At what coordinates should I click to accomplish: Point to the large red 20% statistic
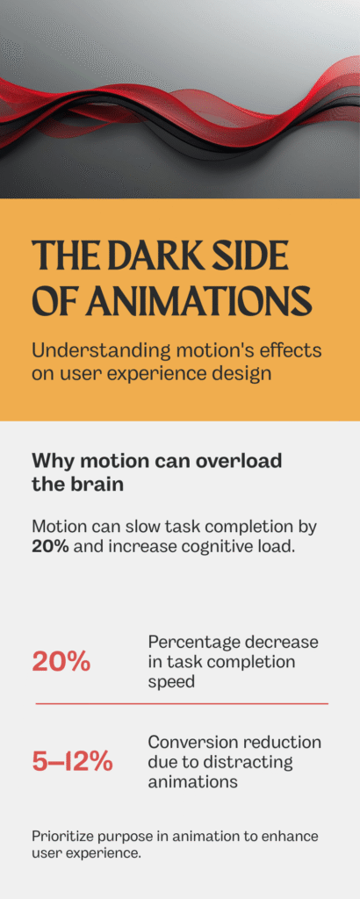61,661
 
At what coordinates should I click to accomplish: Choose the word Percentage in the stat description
191,642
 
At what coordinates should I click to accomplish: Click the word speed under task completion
171,681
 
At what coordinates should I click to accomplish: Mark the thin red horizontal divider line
182,703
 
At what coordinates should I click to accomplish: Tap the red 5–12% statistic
72,761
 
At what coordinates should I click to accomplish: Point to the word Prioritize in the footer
64,836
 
